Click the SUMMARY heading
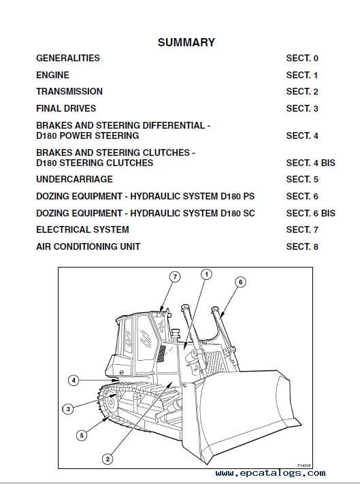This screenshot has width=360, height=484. tap(186, 42)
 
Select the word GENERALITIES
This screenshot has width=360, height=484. tap(68, 58)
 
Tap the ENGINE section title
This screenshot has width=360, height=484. tap(52, 75)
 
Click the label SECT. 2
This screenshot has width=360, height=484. tap(302, 92)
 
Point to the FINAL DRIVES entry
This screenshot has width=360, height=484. tap(66, 108)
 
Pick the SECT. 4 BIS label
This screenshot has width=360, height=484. tap(310, 163)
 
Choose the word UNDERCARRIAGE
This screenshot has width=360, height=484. tap(74, 179)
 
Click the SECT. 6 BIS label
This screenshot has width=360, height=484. tap(310, 213)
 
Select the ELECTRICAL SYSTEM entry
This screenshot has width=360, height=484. tap(82, 229)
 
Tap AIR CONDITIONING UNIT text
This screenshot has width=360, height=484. tap(88, 246)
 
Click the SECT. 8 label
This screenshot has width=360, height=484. tap(302, 246)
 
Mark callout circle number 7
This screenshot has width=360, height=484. tap(175, 277)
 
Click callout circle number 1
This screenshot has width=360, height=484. tap(206, 274)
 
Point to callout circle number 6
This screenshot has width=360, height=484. tap(241, 282)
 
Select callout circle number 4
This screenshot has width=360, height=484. tap(73, 381)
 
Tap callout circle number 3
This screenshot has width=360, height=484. tap(68, 409)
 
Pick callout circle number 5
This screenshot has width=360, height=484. tap(82, 436)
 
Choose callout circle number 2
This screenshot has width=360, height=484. tap(108, 459)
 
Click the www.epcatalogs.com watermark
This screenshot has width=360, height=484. tap(270, 473)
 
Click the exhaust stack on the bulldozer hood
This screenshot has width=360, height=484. tap(176, 336)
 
